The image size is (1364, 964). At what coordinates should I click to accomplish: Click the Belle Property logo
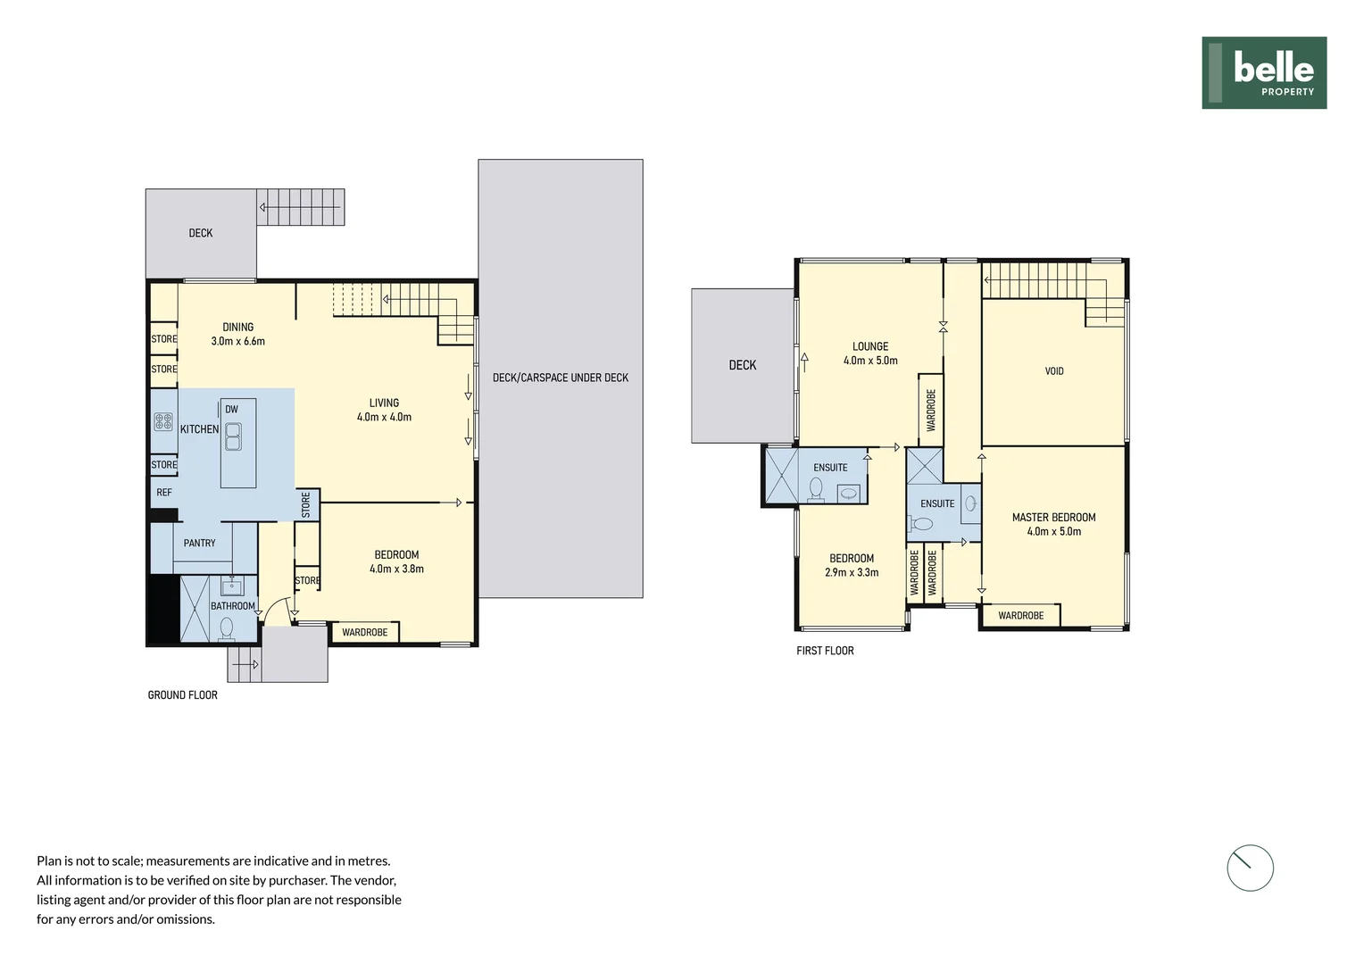coord(1263,73)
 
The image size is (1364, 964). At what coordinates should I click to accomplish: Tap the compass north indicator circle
coord(1250,868)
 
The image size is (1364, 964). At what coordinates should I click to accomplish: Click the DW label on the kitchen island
coord(231,410)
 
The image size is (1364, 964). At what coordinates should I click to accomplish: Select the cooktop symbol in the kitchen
coord(163,421)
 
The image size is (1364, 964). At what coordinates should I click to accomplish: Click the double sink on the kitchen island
coord(233,436)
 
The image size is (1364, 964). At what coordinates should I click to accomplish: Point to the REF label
coord(164,493)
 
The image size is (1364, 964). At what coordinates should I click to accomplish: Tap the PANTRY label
coord(199,543)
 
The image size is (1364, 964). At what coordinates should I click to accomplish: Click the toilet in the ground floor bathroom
coord(226,628)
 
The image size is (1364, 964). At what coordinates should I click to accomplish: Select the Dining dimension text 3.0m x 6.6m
coord(237,341)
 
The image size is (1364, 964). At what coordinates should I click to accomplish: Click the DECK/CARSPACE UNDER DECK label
coord(560,378)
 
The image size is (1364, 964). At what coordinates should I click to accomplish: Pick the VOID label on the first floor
coord(1054,371)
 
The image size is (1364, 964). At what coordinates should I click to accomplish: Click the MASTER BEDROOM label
coord(1053,517)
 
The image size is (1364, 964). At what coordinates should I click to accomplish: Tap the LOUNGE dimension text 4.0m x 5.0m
coord(870,361)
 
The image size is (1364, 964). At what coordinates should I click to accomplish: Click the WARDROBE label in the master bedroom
coord(1020,616)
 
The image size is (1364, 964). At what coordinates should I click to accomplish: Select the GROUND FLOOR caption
coord(182,695)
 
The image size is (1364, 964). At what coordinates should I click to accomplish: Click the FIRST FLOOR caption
coord(825,651)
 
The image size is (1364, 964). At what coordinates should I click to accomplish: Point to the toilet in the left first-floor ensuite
coord(815,488)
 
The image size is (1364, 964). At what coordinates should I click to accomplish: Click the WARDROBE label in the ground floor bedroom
coord(364,632)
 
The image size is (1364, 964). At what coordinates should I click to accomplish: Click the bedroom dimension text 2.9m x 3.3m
coord(852,572)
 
